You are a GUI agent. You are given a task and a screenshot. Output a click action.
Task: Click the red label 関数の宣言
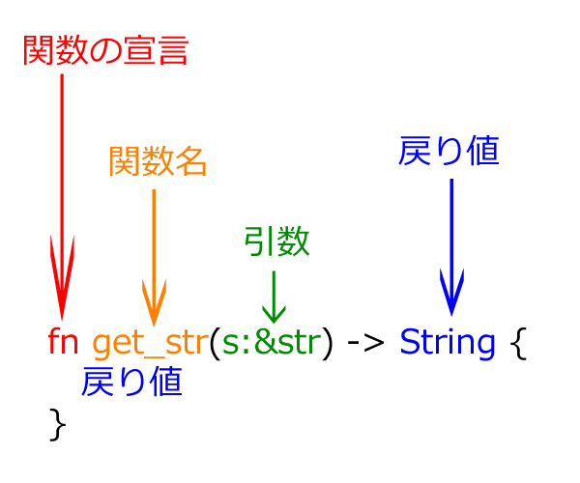(105, 50)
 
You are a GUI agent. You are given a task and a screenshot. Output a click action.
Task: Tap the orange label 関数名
(158, 160)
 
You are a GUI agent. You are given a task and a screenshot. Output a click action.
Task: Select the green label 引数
(276, 241)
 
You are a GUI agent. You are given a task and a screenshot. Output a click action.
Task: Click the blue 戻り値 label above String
(449, 151)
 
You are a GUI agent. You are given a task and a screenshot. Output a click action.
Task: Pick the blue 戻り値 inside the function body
(131, 382)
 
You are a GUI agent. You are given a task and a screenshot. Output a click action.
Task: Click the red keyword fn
(63, 341)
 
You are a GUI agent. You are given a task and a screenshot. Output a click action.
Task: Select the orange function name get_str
(151, 343)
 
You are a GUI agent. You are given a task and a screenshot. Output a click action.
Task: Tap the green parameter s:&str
(272, 342)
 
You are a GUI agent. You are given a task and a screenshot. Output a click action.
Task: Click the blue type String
(448, 343)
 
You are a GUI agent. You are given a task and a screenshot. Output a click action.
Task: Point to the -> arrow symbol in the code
(365, 343)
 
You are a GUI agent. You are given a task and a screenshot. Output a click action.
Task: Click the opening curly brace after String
(518, 343)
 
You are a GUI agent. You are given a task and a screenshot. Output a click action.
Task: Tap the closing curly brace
(58, 425)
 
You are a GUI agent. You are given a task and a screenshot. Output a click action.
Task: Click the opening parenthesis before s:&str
(215, 343)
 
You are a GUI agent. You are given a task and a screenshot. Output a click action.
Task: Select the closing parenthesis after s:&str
(328, 343)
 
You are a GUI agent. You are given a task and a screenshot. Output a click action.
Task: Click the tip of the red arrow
(62, 321)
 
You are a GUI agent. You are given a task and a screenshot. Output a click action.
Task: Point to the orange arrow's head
(155, 327)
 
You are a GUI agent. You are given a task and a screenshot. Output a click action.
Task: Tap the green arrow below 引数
(274, 298)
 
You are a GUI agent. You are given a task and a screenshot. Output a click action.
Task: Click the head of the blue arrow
(451, 316)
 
